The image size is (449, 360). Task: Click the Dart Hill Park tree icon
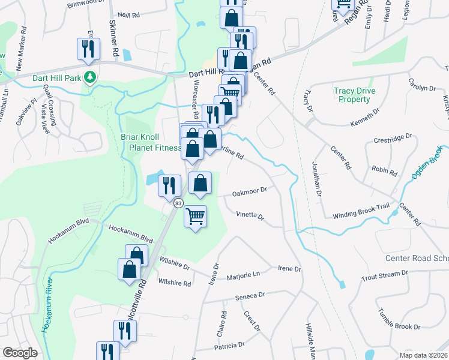(90, 77)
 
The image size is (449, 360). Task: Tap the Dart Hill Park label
(53, 77)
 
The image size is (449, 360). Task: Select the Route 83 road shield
(178, 203)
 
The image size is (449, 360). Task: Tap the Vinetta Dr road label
(250, 214)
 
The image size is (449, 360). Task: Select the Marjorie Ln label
(243, 277)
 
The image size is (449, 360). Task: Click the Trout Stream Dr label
(384, 275)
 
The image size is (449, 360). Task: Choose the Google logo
(20, 352)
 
